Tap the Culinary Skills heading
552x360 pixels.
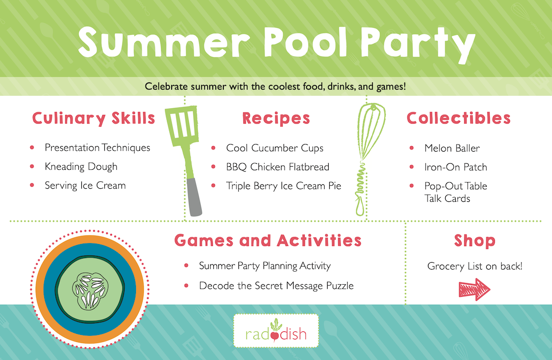(94, 118)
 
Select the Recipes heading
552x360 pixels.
(276, 118)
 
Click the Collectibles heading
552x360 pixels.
(458, 118)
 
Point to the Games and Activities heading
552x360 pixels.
(268, 240)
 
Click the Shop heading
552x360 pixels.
(475, 241)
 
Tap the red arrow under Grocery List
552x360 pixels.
(474, 289)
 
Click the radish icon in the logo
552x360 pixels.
(275, 331)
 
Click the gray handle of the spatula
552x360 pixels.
(194, 196)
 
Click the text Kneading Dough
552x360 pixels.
(81, 167)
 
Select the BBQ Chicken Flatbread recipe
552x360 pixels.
(278, 167)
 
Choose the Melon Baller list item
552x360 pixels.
(452, 148)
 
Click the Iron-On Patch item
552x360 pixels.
(456, 167)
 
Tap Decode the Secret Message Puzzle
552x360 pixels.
(277, 286)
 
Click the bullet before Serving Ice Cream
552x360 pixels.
(32, 185)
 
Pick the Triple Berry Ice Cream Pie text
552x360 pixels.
(284, 186)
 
